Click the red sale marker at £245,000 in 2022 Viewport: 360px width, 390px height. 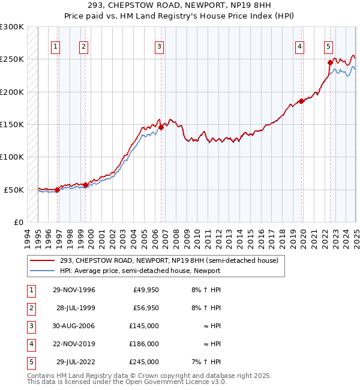[330, 62]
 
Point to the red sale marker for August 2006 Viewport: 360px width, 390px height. [161, 127]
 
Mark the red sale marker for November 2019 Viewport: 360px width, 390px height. [301, 101]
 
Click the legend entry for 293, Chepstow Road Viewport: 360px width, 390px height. [169, 261]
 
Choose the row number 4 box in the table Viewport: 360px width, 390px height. [30, 344]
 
